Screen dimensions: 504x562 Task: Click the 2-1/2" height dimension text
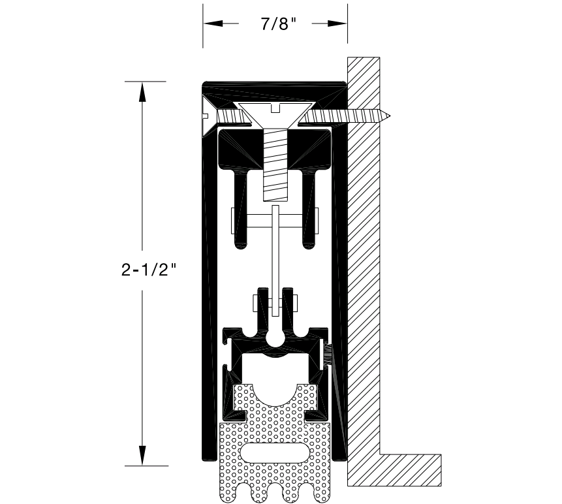click(x=149, y=270)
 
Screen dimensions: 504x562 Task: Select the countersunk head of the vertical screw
click(x=274, y=114)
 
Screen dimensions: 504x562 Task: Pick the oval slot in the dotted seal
click(x=274, y=452)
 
